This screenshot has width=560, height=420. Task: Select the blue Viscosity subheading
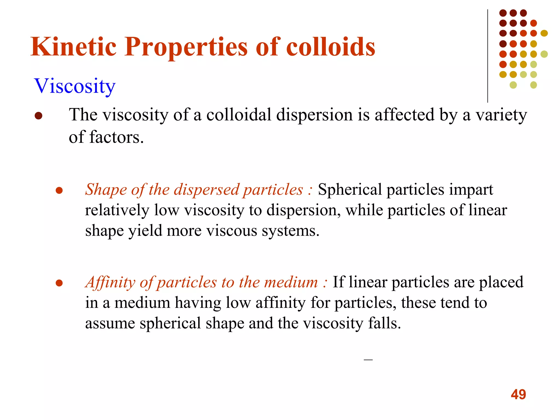coord(75,86)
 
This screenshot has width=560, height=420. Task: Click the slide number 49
coord(518,394)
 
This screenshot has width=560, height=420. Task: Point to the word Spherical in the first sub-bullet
coord(350,189)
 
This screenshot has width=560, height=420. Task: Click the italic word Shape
coord(106,189)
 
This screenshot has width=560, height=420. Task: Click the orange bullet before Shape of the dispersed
coord(59,190)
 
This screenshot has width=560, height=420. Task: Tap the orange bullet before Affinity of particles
coord(59,283)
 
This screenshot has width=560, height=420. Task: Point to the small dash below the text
coord(368,360)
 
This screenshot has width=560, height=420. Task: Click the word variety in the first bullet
coord(501,115)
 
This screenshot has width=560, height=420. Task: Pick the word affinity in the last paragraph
coord(281,303)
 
